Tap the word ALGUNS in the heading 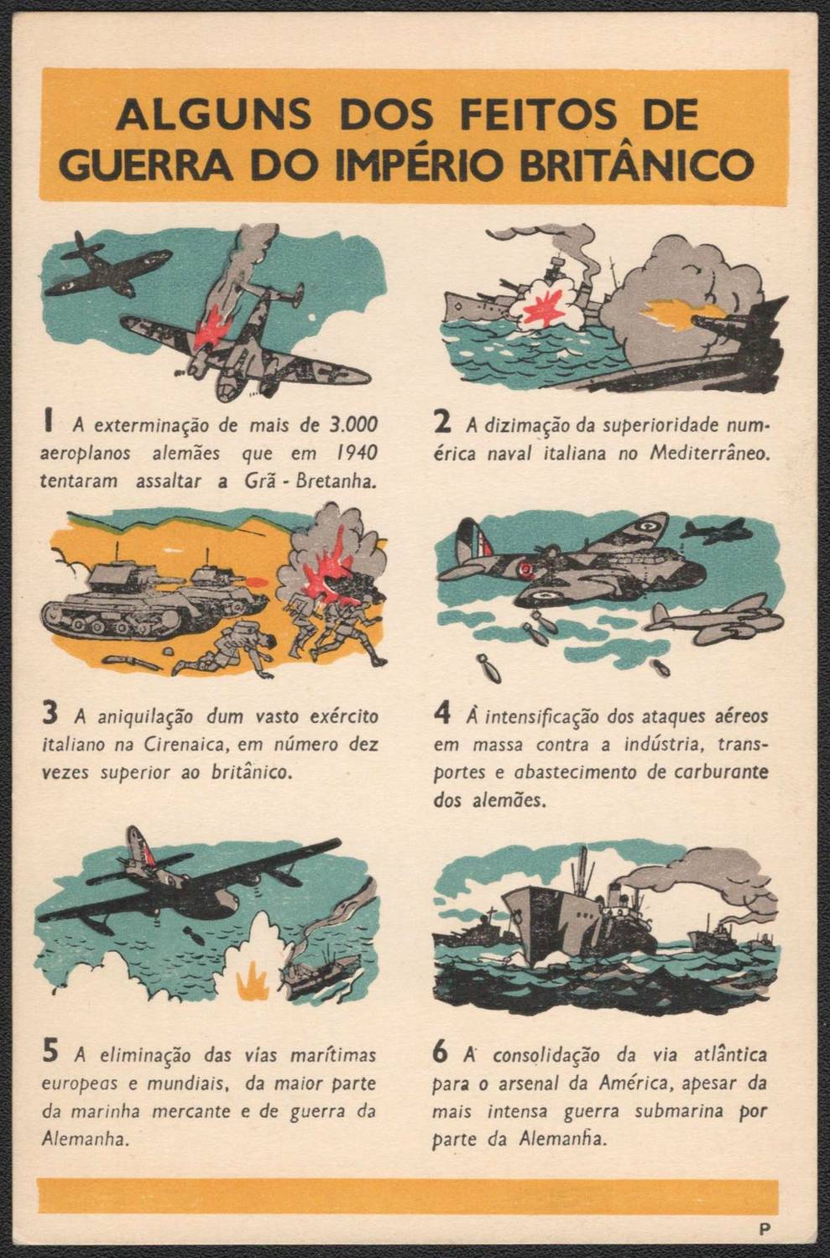tap(213, 114)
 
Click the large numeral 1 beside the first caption tap(50, 423)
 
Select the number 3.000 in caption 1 tap(352, 424)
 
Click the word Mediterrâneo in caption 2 tap(709, 453)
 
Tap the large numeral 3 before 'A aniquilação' tap(50, 715)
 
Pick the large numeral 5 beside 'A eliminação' tap(50, 1053)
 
